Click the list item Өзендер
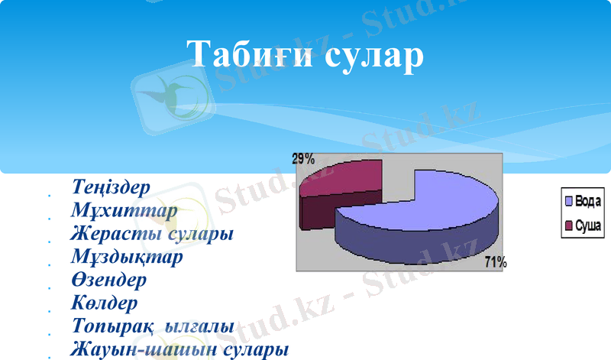(x=108, y=280)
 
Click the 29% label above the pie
(x=302, y=159)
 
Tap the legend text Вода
(x=587, y=201)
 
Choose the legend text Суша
(x=587, y=226)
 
